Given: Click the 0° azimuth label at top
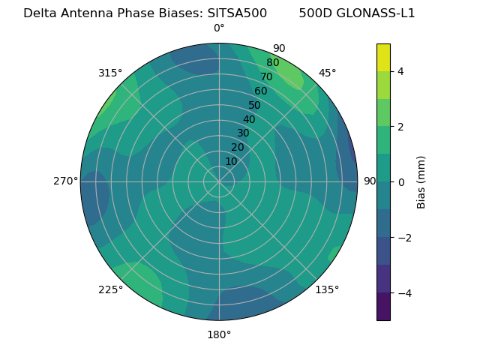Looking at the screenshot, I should [x=219, y=28].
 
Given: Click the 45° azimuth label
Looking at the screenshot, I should [x=327, y=73].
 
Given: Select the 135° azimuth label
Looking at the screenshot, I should [x=327, y=289].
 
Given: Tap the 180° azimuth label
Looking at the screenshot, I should [x=219, y=334].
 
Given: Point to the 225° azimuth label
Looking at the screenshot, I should [x=110, y=289].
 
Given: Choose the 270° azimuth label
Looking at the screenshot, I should [x=65, y=181].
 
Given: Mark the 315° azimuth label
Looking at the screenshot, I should [x=110, y=73].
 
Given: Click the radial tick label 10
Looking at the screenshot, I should [x=231, y=161].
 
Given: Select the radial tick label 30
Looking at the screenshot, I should [x=243, y=133].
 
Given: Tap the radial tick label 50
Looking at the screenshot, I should [x=254, y=106].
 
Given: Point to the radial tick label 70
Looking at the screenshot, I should [x=266, y=76].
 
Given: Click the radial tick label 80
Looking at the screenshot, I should [x=272, y=63].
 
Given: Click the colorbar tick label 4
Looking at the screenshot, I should [x=400, y=71].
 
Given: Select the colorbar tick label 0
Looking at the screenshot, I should [x=400, y=182].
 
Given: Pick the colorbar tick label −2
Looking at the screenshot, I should [x=403, y=238].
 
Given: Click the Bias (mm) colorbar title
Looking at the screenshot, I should [x=421, y=182].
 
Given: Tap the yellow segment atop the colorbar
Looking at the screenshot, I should [x=383, y=57].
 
